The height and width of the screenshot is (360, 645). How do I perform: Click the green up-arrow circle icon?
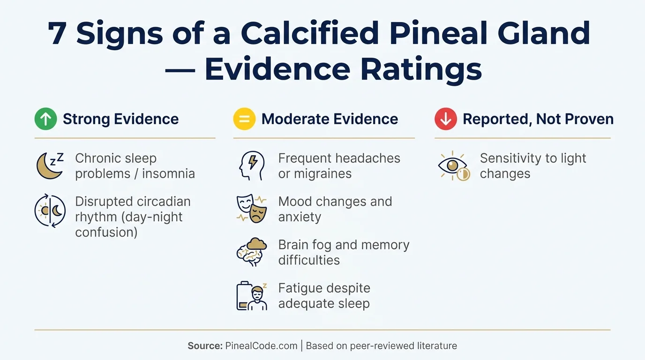click(x=45, y=119)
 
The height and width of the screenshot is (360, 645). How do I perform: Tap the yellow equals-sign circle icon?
click(x=244, y=119)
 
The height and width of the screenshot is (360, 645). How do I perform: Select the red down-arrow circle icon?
click(x=445, y=119)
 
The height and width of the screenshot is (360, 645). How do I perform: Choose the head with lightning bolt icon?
click(x=251, y=166)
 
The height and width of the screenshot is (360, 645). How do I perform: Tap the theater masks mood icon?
click(x=251, y=209)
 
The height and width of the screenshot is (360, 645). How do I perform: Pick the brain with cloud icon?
click(x=251, y=252)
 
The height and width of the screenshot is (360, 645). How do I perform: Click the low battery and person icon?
click(x=251, y=296)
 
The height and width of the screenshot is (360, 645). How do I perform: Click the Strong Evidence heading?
click(x=120, y=119)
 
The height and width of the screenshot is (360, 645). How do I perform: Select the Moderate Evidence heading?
click(x=330, y=119)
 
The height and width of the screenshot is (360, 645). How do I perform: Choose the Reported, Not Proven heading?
click(x=538, y=119)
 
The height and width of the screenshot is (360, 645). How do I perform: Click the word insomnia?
click(x=168, y=173)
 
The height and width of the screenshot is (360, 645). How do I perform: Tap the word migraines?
click(x=315, y=173)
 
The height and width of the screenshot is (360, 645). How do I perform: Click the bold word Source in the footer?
click(x=205, y=346)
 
